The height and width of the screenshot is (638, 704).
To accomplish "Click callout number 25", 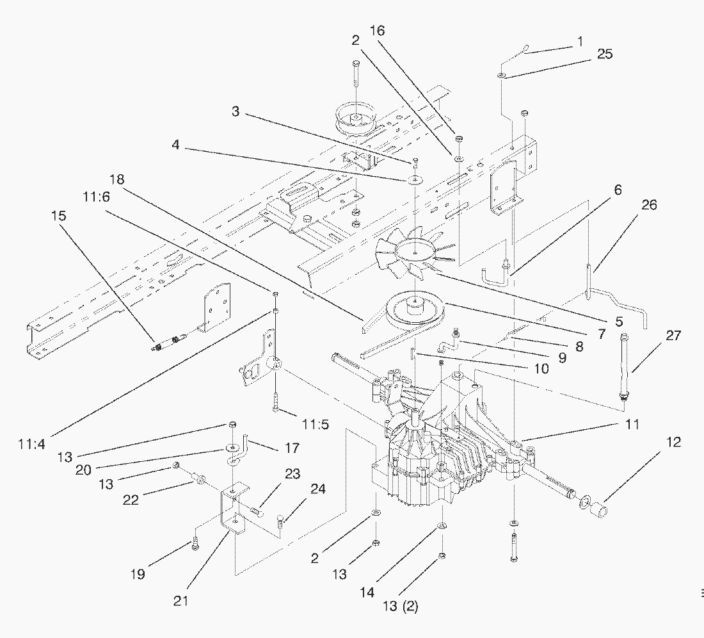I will pos(604,54).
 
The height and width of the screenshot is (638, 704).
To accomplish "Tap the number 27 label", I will pos(673,336).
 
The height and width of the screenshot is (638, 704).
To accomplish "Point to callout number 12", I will pos(673,442).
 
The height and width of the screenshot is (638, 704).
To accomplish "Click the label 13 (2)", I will pos(401,606).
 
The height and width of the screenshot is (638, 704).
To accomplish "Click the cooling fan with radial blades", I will pos(415,249).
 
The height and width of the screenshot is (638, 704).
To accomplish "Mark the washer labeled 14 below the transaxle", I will pos(441,526).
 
